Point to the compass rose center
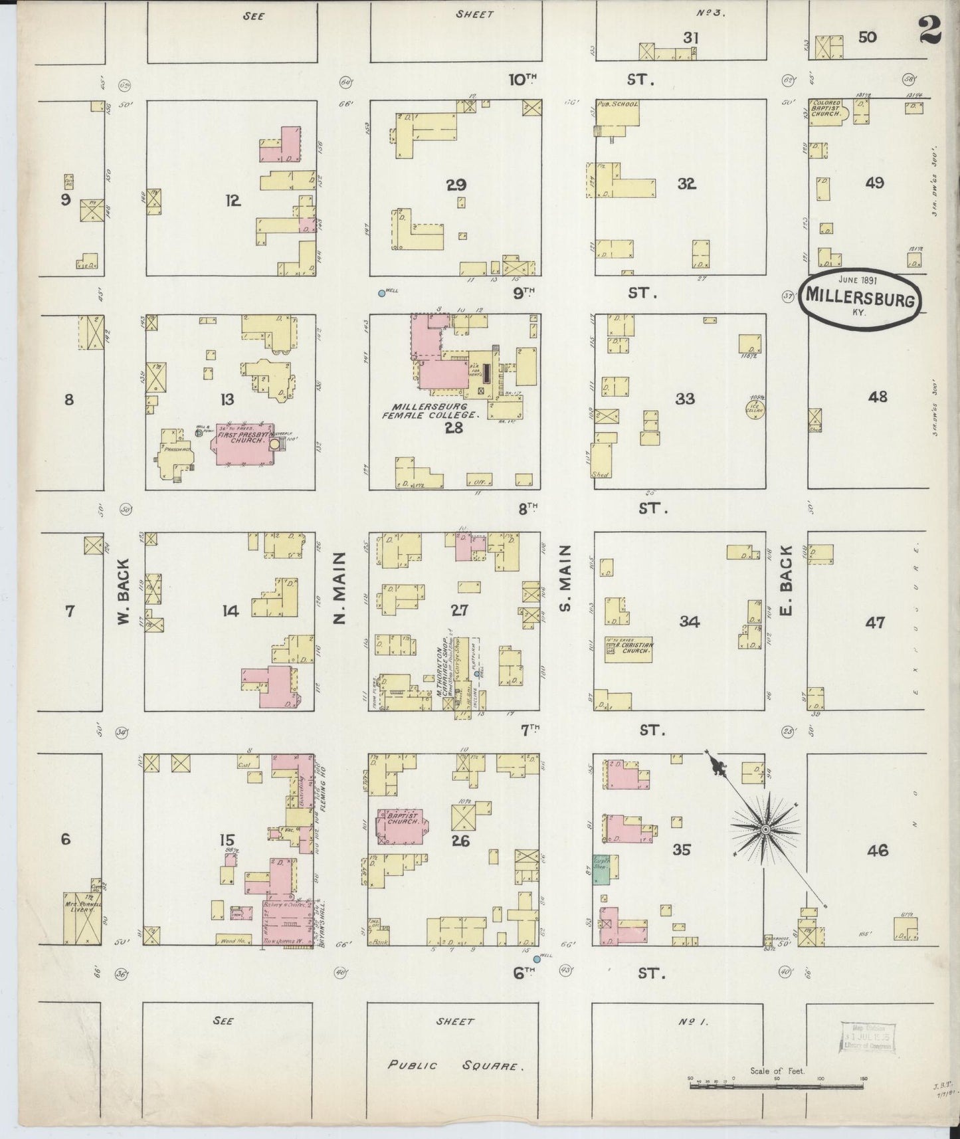click(x=765, y=829)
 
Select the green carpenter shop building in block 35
click(x=602, y=869)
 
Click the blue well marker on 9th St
click(x=381, y=293)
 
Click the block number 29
click(x=456, y=185)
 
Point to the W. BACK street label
click(x=123, y=601)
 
